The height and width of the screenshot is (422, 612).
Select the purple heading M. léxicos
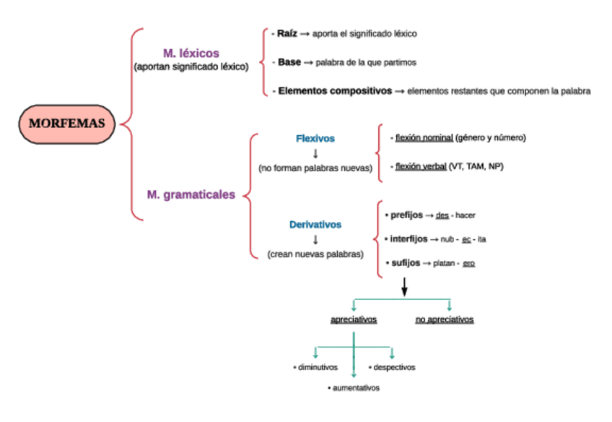pyautogui.click(x=191, y=53)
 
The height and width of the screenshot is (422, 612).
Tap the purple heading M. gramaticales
pyautogui.click(x=191, y=194)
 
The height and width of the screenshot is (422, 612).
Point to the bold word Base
pyautogui.click(x=289, y=62)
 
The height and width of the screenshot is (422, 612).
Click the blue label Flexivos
pyautogui.click(x=315, y=138)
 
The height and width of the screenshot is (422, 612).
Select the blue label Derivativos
pyautogui.click(x=315, y=225)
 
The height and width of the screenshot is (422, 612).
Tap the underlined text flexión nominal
pyautogui.click(x=424, y=137)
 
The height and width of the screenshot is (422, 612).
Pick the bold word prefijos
pyautogui.click(x=406, y=215)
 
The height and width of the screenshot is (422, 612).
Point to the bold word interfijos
pyautogui.click(x=408, y=238)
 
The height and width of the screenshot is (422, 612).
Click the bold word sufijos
pyautogui.click(x=405, y=263)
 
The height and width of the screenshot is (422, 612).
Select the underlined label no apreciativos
pyautogui.click(x=445, y=319)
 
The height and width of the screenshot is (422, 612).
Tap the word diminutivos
pyautogui.click(x=318, y=367)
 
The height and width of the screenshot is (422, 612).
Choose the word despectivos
pyautogui.click(x=393, y=367)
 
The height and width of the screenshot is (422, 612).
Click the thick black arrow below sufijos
pyautogui.click(x=404, y=287)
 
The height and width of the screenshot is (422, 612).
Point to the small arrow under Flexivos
pyautogui.click(x=315, y=152)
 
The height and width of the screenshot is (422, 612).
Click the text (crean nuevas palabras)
pyautogui.click(x=315, y=254)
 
